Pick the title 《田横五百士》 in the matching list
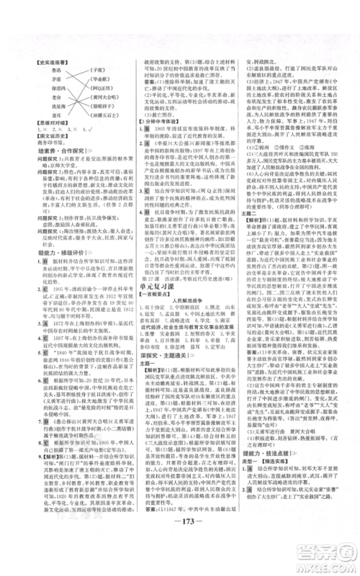pos(102,123)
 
